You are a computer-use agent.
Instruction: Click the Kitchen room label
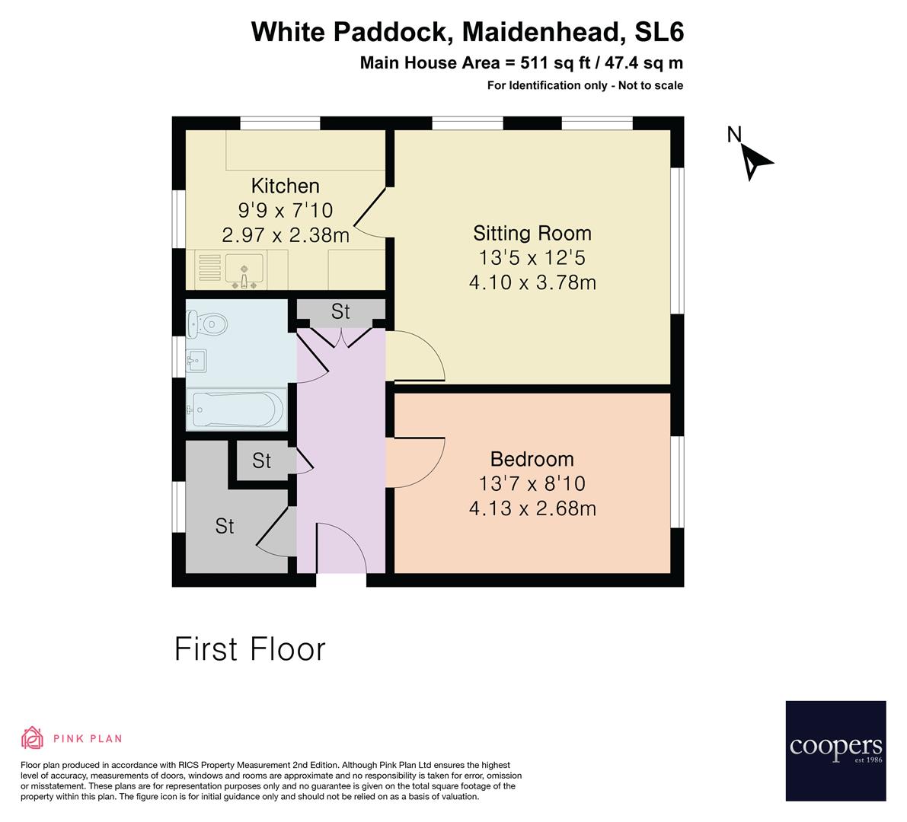click(x=286, y=186)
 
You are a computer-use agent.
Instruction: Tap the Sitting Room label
click(x=532, y=233)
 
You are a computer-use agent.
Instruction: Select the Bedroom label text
click(x=532, y=459)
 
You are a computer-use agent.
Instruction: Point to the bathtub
click(x=237, y=409)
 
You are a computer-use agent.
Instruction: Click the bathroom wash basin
click(x=198, y=360)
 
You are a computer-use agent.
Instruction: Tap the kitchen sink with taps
click(x=244, y=270)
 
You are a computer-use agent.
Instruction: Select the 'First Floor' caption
click(x=250, y=649)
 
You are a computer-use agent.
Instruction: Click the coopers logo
click(x=835, y=750)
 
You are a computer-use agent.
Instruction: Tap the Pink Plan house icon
click(x=33, y=738)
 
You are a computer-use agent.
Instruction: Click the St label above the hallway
click(x=340, y=311)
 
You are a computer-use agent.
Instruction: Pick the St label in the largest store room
click(x=224, y=526)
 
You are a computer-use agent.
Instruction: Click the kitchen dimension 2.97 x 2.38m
click(x=286, y=236)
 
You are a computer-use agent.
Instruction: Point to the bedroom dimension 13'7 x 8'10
click(x=532, y=483)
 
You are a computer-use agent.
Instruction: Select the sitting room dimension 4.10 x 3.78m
click(x=532, y=283)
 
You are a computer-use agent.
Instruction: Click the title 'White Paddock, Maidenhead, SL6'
click(x=468, y=33)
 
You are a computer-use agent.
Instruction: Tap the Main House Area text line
click(x=521, y=63)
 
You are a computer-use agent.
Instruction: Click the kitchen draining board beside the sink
click(x=210, y=269)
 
